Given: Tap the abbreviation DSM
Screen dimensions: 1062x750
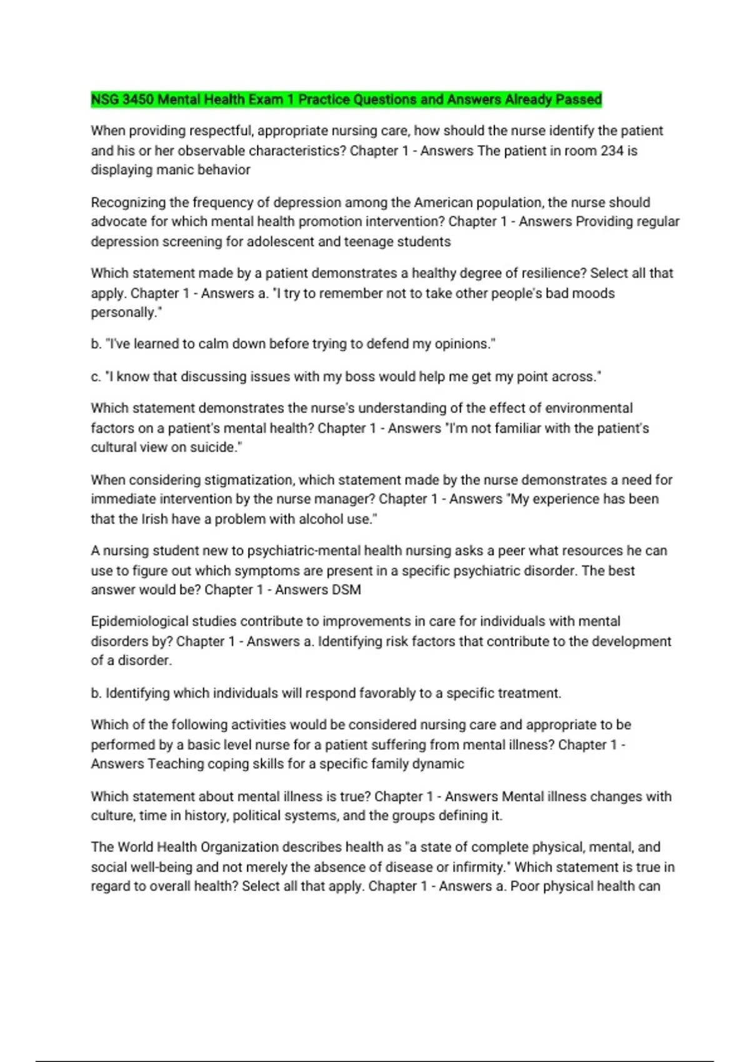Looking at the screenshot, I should (348, 590).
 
